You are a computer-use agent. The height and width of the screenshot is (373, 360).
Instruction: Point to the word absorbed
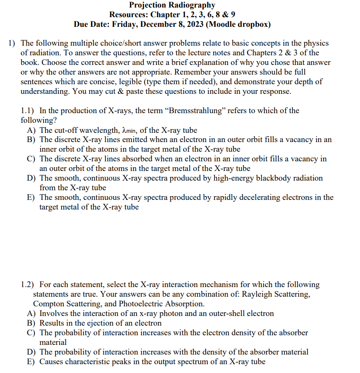point(142,159)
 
